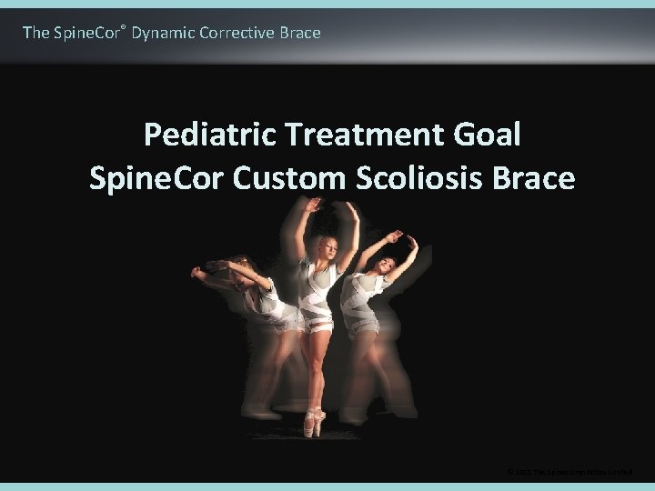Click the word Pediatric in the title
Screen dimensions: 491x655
(210, 135)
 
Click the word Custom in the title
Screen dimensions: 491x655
(288, 178)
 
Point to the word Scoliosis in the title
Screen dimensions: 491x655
(420, 178)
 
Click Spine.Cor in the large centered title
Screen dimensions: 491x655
(156, 178)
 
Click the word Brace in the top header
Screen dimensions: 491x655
(301, 33)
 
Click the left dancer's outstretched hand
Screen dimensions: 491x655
(196, 272)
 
